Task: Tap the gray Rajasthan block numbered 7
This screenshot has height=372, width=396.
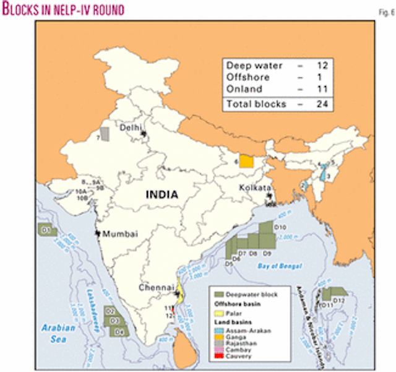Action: point(106,134)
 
